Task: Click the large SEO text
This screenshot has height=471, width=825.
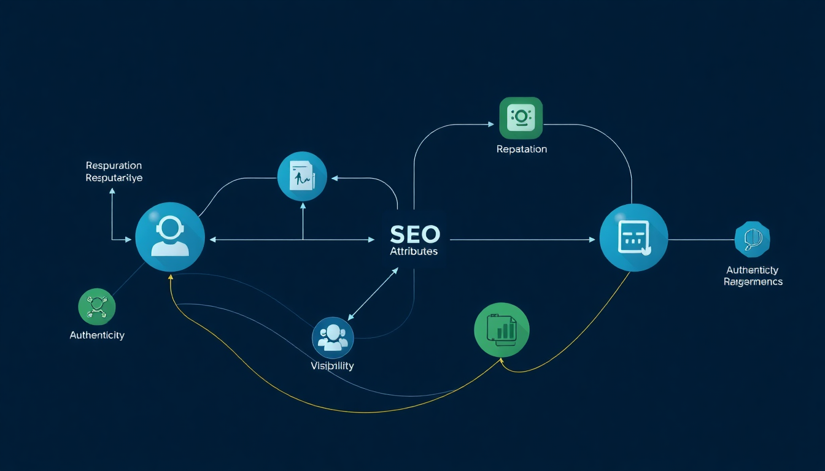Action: [x=414, y=234]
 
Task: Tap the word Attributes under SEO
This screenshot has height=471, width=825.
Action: [x=414, y=252]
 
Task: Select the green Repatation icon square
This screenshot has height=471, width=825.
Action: [x=521, y=118]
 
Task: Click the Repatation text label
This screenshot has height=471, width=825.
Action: [x=521, y=149]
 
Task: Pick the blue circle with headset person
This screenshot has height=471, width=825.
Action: [x=169, y=237]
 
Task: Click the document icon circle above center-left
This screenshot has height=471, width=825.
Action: [x=302, y=177]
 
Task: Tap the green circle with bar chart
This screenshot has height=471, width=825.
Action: [x=502, y=331]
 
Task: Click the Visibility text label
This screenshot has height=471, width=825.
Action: [x=332, y=366]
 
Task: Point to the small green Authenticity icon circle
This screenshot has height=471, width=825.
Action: [x=97, y=307]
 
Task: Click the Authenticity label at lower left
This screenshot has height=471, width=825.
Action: [x=97, y=335]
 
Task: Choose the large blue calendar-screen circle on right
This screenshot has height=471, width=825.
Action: [x=633, y=238]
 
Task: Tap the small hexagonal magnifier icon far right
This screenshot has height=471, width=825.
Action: [x=752, y=239]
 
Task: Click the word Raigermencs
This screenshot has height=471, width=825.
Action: [x=753, y=282]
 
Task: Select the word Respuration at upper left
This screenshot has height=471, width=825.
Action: [x=114, y=166]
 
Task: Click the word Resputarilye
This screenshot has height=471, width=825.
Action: [x=114, y=178]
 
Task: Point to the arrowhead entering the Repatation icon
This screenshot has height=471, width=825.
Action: [x=491, y=124]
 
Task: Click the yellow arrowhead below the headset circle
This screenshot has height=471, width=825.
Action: [x=171, y=278]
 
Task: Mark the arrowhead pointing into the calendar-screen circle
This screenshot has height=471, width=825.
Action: [x=592, y=240]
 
